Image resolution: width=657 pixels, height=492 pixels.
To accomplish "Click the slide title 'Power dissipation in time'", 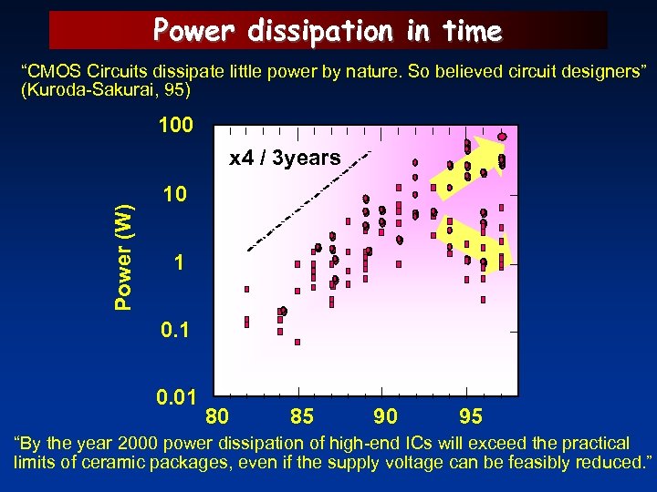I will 328,31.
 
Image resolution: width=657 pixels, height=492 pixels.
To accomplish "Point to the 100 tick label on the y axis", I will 175,126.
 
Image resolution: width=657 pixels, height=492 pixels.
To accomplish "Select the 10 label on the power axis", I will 175,195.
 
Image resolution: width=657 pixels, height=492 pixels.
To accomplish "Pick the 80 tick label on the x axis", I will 217,417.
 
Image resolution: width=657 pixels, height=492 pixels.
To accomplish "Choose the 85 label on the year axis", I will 302,417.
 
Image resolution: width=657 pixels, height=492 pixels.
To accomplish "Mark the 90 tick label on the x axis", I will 385,417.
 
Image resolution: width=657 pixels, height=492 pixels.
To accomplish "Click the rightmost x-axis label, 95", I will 470,417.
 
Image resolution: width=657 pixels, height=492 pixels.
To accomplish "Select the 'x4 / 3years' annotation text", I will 285,159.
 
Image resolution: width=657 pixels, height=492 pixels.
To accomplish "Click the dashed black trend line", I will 310,200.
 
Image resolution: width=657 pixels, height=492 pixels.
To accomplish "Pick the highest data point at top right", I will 503,137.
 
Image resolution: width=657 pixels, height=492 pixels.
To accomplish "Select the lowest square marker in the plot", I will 297,343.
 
